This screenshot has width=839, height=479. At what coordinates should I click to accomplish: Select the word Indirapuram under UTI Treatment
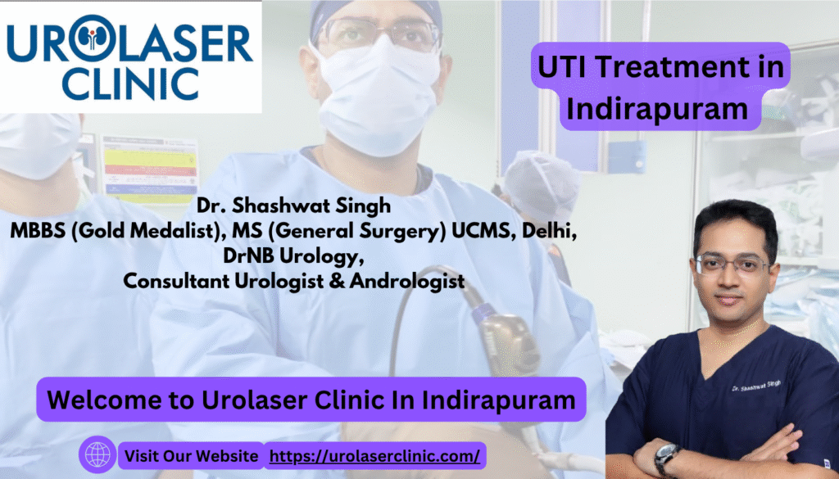(x=657, y=109)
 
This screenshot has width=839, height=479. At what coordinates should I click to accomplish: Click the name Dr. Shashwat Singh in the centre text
(x=294, y=206)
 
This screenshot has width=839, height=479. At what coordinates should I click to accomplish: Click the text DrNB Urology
(x=290, y=256)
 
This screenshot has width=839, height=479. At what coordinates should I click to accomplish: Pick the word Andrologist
(x=406, y=281)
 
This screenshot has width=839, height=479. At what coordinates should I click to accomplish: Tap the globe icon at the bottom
(x=98, y=454)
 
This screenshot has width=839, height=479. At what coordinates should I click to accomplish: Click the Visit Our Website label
(x=191, y=456)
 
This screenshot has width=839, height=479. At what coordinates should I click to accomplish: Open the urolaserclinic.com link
(x=374, y=456)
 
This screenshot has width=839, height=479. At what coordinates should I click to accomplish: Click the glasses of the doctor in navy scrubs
(x=732, y=264)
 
